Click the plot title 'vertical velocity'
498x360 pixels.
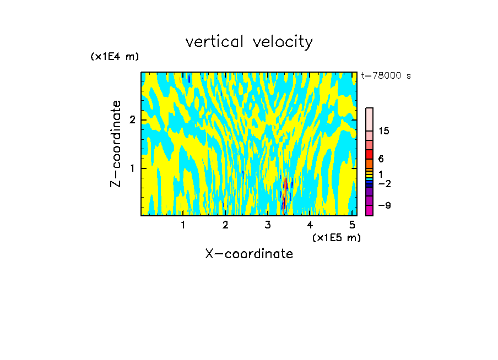tap(249, 42)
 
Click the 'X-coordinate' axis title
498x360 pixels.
tap(249, 254)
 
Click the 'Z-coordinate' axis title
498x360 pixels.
tap(116, 144)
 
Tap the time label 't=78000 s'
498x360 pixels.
tap(386, 76)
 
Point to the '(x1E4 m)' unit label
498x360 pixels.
tap(115, 57)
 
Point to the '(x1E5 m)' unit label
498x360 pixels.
tap(336, 237)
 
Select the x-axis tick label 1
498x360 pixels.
tap(183, 225)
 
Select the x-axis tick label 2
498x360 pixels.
tap(225, 225)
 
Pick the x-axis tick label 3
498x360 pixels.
tap(268, 225)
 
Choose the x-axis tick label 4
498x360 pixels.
tap(310, 225)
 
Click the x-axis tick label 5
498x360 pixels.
tap(352, 225)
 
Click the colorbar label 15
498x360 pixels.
tap(384, 131)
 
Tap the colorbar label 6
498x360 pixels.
tap(381, 159)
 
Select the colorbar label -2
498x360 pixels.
tap(384, 184)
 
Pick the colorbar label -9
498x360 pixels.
tap(384, 205)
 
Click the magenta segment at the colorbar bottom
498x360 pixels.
tap(369, 210)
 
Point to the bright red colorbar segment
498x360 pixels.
tap(369, 154)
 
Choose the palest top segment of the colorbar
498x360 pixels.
tap(369, 119)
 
